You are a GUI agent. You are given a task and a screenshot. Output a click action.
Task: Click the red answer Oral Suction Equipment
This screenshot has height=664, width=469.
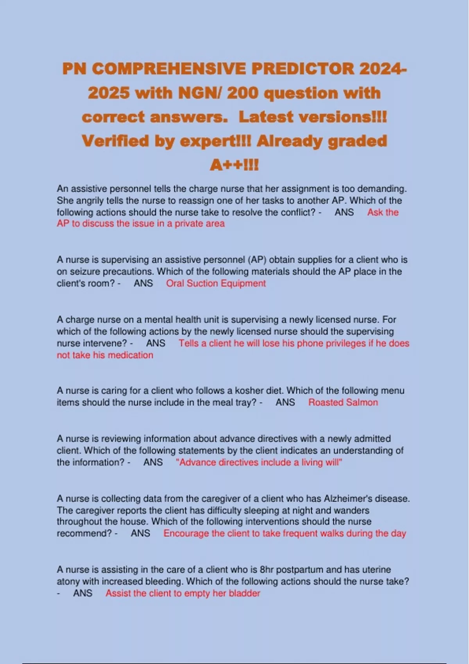(x=216, y=283)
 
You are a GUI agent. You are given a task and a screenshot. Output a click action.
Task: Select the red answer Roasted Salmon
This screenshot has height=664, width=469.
(x=343, y=402)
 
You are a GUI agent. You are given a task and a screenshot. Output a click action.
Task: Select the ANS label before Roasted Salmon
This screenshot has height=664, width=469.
(x=285, y=402)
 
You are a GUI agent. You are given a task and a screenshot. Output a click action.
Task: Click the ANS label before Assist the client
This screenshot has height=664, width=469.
(x=83, y=593)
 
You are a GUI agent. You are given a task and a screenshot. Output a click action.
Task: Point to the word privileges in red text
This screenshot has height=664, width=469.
(x=331, y=343)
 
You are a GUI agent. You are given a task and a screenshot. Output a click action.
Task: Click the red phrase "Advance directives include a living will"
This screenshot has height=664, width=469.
(x=259, y=462)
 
